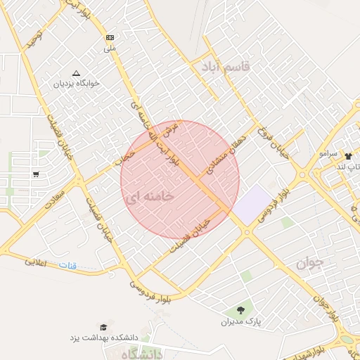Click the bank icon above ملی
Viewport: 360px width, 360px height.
tap(110, 37)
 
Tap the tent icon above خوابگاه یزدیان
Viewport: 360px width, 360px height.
tap(77, 72)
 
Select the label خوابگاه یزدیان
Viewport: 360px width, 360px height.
tap(77, 83)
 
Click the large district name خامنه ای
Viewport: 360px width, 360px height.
tap(148, 198)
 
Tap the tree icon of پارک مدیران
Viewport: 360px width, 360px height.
tap(240, 309)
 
